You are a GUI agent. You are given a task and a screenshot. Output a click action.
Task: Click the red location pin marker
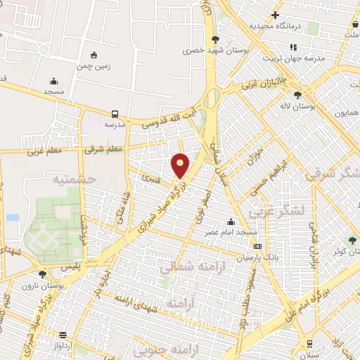pyautogui.click(x=181, y=166)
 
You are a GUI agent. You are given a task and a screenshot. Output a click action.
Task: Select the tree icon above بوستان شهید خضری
pyautogui.click(x=215, y=39)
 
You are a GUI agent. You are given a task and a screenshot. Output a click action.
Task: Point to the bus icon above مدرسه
pyautogui.click(x=114, y=112)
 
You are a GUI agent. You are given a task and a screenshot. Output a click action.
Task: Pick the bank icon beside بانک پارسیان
pyautogui.click(x=258, y=247)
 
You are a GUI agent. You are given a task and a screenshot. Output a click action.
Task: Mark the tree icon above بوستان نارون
pyautogui.click(x=42, y=274)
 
